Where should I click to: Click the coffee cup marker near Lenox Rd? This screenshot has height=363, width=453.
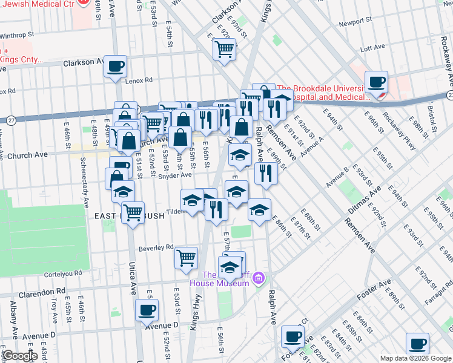coord(115,67)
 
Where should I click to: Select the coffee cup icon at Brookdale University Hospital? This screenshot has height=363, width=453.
coord(376,82)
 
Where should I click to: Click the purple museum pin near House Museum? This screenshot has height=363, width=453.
coord(259,278)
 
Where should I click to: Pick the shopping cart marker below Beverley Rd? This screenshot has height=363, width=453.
coord(186,258)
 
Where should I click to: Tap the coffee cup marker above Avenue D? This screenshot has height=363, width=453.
coord(146,310)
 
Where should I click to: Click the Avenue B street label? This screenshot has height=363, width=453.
coord(337,174)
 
